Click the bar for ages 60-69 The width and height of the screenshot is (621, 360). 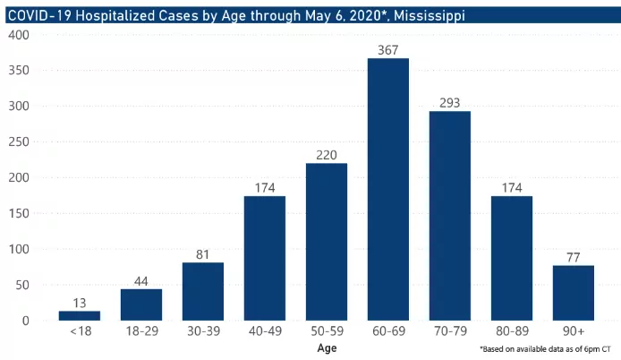[388, 190]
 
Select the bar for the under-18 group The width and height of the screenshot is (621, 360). [80, 315]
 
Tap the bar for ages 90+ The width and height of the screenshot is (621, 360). [574, 293]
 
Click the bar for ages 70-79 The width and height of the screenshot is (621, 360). [450, 216]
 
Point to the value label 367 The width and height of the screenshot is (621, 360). [388, 48]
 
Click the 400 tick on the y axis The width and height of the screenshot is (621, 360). [20, 35]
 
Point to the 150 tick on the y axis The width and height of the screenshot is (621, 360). [20, 214]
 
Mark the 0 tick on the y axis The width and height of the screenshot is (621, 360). [26, 321]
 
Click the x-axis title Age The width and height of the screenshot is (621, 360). [327, 347]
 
